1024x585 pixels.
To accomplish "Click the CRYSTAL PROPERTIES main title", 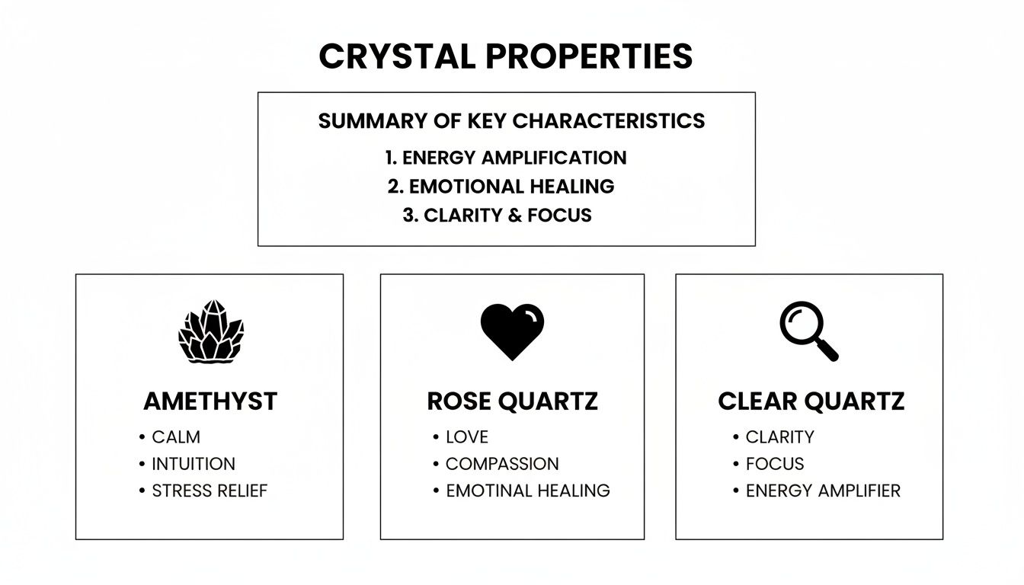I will tap(506, 56).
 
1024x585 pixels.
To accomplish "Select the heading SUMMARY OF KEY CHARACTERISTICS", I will tap(511, 120).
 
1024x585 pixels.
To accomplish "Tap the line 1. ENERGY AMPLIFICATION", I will tap(506, 158).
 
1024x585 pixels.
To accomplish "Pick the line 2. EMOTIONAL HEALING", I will tap(501, 187).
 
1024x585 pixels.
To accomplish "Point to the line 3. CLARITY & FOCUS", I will tap(497, 216).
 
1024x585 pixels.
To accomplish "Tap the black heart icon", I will tap(512, 331).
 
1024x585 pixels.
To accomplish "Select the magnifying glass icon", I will tap(808, 331).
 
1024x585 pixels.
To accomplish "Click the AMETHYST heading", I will tap(210, 401).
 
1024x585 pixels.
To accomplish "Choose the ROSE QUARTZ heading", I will tap(512, 401).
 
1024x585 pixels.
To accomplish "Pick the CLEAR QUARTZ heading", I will tap(811, 401).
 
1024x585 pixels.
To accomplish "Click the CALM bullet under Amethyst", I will tap(176, 437).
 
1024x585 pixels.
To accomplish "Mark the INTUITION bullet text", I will tap(194, 464).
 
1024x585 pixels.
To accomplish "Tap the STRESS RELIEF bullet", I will tap(210, 491).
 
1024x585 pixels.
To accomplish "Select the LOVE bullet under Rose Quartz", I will tap(467, 437).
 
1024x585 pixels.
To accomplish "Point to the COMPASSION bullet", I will tap(502, 464).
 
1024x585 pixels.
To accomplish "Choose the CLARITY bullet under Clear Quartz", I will tap(779, 437).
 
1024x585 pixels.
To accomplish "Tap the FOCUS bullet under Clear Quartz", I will tap(775, 464).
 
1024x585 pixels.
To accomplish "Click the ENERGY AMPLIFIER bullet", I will tap(823, 491).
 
